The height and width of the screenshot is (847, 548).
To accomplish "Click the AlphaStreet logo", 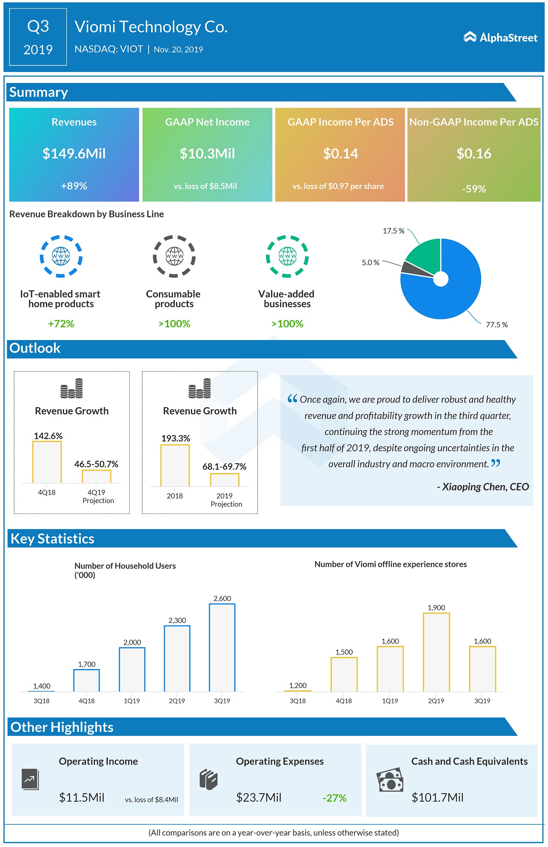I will click(500, 38).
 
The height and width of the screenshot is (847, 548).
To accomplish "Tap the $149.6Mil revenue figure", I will click(74, 154).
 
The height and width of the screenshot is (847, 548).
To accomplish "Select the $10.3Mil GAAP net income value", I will click(207, 154).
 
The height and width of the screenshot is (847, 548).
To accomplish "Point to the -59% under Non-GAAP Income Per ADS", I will click(474, 189).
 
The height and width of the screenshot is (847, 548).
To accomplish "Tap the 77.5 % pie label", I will click(497, 325).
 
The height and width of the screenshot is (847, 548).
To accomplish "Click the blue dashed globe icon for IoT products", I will click(61, 256).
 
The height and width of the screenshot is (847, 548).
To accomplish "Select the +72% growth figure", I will click(61, 324).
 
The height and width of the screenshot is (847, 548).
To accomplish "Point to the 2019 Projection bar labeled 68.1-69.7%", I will click(224, 480).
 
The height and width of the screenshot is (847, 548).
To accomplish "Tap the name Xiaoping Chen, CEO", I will click(482, 487).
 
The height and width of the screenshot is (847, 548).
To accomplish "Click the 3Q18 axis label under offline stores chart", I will click(298, 701).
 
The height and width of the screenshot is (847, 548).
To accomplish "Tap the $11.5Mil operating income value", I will click(82, 797).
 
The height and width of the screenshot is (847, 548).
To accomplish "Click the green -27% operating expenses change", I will click(334, 798).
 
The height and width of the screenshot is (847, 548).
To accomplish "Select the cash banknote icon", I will click(390, 780).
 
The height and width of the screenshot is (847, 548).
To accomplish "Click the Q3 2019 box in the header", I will click(38, 37).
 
